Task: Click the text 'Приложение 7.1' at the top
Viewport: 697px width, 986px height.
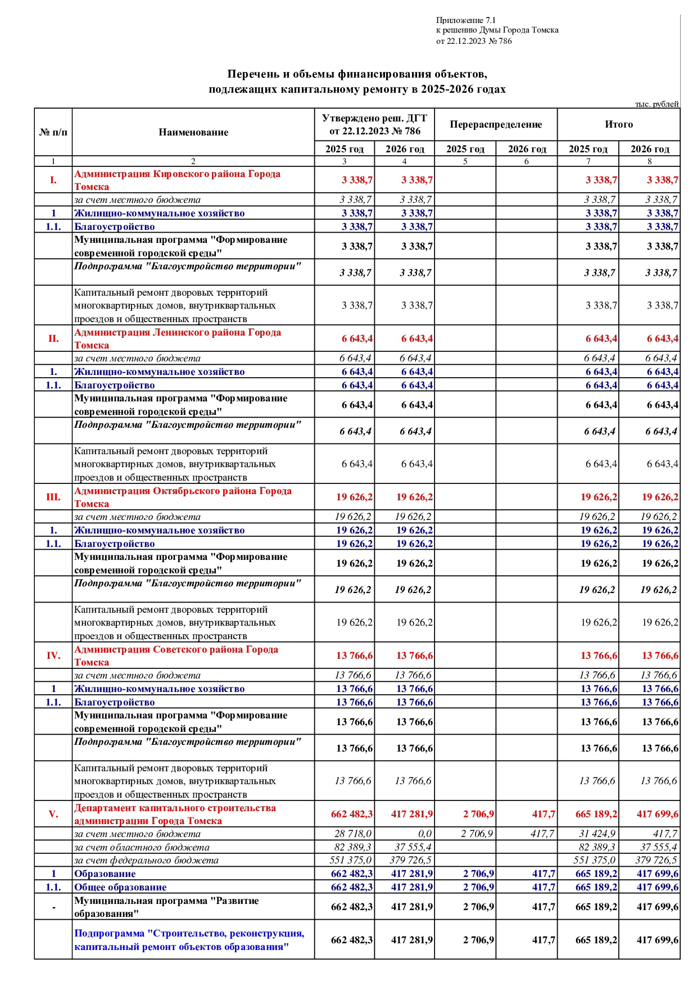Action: (x=465, y=20)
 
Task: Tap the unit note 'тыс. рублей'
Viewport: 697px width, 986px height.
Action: (x=657, y=104)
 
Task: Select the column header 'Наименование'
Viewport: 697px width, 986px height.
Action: (x=193, y=133)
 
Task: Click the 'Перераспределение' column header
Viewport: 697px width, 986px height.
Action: (x=495, y=125)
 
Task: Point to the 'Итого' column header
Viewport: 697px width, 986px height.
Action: (x=618, y=125)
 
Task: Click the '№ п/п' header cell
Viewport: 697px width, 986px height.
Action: (x=53, y=133)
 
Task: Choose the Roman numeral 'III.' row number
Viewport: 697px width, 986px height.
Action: (x=53, y=497)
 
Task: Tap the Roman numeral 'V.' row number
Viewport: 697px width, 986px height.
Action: (x=53, y=815)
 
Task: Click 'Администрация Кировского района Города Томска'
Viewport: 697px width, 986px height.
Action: (x=177, y=180)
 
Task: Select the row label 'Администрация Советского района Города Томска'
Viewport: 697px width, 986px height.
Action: (x=176, y=656)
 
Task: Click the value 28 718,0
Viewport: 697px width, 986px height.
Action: (x=353, y=834)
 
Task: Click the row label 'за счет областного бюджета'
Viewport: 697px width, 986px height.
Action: (x=142, y=847)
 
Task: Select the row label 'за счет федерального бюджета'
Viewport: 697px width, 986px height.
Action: (x=146, y=861)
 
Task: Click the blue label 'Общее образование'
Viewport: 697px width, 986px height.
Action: (x=120, y=888)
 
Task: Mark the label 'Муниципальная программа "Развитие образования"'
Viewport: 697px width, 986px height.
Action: (x=166, y=907)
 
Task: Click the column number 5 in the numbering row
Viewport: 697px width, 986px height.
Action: (x=465, y=161)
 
